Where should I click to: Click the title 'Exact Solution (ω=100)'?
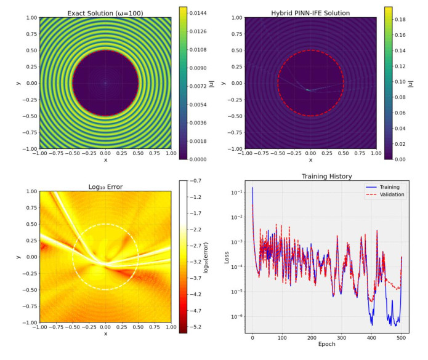pos(105,12)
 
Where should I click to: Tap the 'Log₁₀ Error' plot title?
pos(105,186)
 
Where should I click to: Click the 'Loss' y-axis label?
pos(227,257)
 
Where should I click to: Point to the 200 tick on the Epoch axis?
pos(312,338)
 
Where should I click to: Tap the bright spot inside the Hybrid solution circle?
pos(308,90)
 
